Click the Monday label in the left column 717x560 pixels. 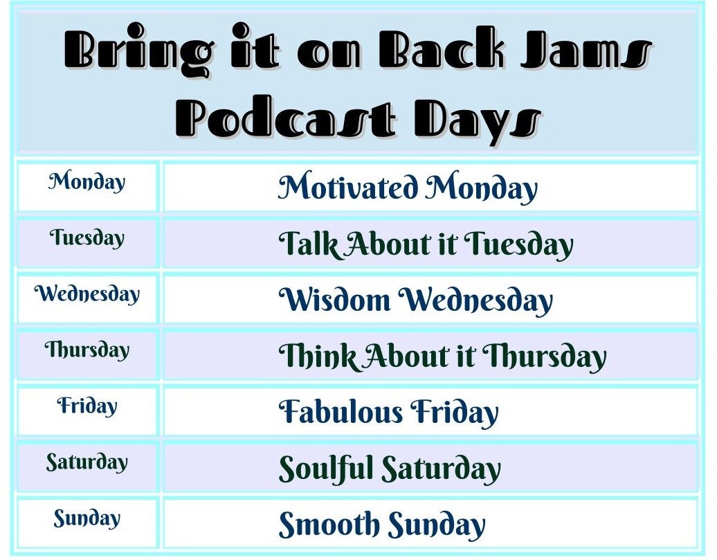(87, 183)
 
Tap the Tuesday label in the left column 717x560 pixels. (87, 239)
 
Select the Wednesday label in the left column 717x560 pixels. (87, 294)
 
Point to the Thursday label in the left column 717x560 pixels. (87, 350)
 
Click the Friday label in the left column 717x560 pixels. (87, 406)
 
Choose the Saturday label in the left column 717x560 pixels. (87, 462)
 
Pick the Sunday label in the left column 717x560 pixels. (87, 518)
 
